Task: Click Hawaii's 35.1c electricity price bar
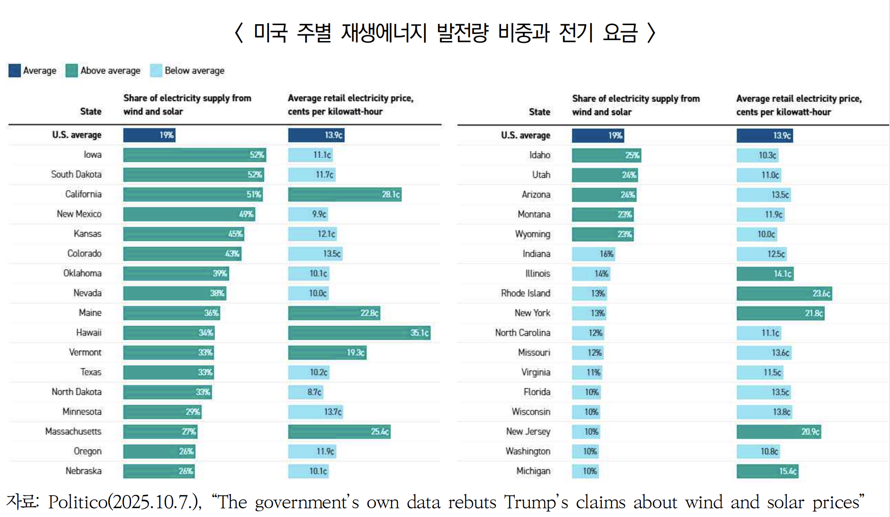(x=359, y=333)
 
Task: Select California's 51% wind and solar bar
(x=193, y=195)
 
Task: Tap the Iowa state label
(x=93, y=155)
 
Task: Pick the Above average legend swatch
(x=72, y=71)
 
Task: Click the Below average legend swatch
(x=156, y=71)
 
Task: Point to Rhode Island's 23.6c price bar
(x=784, y=293)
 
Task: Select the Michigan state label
(x=533, y=471)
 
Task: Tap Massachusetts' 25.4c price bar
(x=339, y=431)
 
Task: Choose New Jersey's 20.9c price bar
(x=779, y=432)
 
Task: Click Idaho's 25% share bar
(x=606, y=155)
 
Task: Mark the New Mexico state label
(x=79, y=214)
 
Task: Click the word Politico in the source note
(x=78, y=502)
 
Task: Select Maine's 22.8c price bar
(x=334, y=313)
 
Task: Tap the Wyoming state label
(x=532, y=234)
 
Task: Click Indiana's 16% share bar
(x=593, y=254)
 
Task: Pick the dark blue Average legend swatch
(x=15, y=71)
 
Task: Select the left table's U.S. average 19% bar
(x=149, y=135)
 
